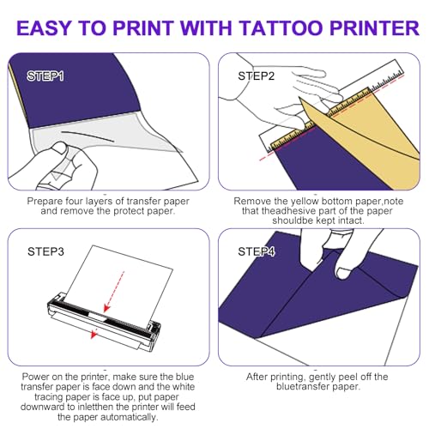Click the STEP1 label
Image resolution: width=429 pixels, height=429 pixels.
pos(44,76)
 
